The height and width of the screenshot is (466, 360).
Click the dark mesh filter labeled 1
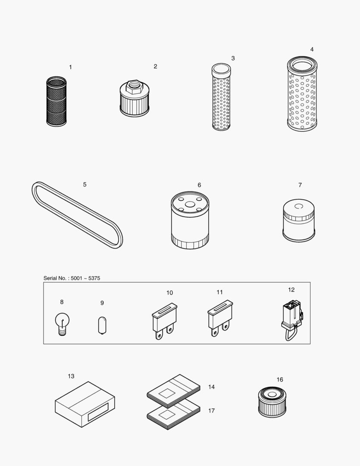[56, 102]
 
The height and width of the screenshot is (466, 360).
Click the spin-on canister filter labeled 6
[190, 221]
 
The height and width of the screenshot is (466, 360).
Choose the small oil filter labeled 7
[298, 220]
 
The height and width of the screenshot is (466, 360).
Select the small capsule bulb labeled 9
[102, 324]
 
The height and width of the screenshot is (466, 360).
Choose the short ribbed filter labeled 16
[273, 401]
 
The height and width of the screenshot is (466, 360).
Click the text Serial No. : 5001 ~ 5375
[72, 278]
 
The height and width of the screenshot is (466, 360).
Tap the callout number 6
[199, 185]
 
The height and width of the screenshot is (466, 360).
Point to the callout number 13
[71, 376]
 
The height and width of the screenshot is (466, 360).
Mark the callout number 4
[312, 49]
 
